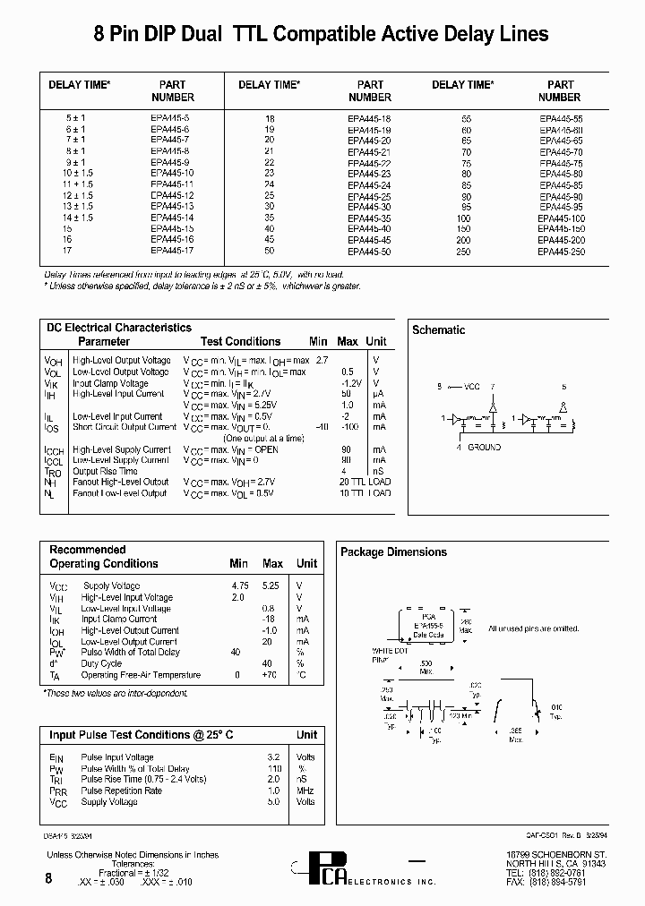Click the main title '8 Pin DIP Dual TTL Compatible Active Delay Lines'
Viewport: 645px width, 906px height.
click(x=322, y=34)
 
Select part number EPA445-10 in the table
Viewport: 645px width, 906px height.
click(x=172, y=173)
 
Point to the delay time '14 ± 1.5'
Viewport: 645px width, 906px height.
click(x=78, y=217)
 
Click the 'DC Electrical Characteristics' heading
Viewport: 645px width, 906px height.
click(x=119, y=328)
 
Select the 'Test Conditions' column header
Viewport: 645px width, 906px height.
click(x=240, y=341)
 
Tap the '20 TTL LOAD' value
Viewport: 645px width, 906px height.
click(x=365, y=482)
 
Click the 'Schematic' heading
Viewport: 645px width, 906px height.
click(x=438, y=330)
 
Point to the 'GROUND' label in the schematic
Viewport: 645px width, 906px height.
click(x=484, y=446)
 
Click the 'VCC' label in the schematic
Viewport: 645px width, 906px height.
click(x=471, y=388)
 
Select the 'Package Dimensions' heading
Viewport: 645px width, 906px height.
click(x=393, y=552)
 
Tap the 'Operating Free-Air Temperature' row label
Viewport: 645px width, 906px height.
click(x=141, y=675)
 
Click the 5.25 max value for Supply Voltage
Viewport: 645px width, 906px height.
click(x=271, y=586)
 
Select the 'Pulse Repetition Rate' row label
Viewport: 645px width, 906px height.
click(x=121, y=791)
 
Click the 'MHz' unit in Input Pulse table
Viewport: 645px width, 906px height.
click(x=306, y=791)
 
